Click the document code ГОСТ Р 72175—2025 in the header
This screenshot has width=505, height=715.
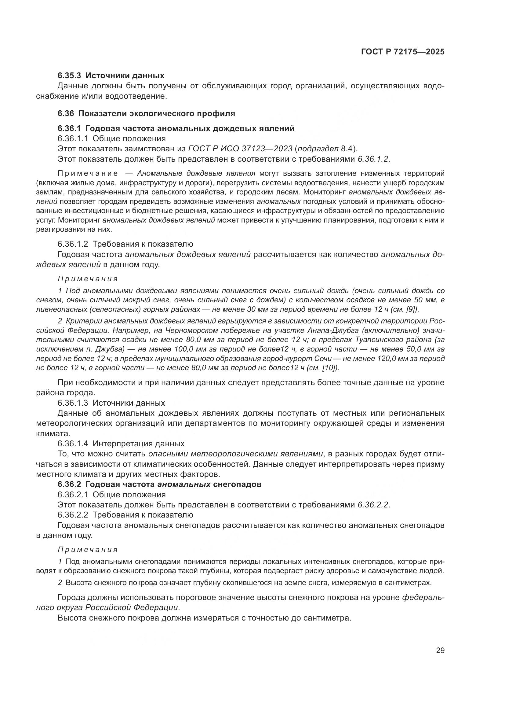(x=403, y=52)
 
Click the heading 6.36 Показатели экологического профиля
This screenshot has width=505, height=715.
(x=146, y=113)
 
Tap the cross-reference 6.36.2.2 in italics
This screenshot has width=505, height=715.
(x=373, y=505)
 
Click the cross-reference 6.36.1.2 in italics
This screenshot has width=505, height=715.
(x=373, y=159)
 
